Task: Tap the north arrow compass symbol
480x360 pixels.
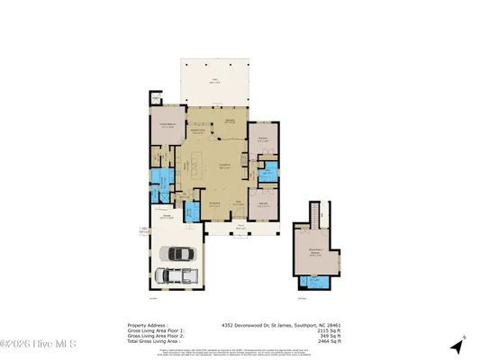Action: [458, 345]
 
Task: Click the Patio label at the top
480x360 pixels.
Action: [215, 82]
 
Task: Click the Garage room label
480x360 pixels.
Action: [168, 217]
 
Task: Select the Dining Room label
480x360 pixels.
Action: [216, 205]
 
